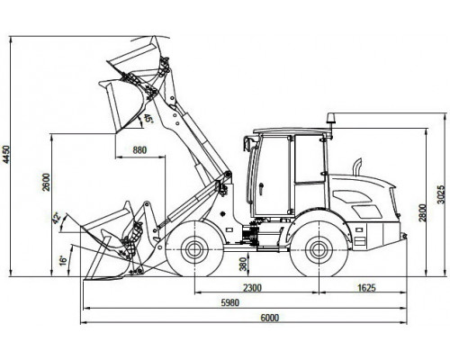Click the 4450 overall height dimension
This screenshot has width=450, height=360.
pos(6,154)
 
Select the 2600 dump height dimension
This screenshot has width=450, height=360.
pos(47,182)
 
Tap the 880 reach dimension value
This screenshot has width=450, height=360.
pos(139,150)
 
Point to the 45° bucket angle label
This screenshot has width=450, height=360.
pos(148,118)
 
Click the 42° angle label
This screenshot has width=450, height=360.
pos(57,218)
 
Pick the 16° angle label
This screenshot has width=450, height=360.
pos(63,260)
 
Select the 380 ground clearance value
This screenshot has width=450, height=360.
pos(244,264)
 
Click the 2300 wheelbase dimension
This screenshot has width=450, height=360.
pos(252,288)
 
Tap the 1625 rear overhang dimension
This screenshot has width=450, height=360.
pos(366,288)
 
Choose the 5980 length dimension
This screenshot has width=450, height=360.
pos(230,302)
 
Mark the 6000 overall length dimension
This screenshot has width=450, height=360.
pos(269,318)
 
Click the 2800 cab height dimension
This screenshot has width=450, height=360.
pos(422,212)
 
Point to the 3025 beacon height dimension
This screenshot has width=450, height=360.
pos(440,194)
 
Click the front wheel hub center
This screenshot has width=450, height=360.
pos(194,249)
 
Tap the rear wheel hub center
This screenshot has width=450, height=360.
pos(319,249)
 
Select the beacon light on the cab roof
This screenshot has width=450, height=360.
pos(331,119)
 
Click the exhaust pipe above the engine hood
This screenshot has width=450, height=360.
pos(357,167)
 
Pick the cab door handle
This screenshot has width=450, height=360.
pos(261,189)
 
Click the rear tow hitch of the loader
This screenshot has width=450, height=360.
pos(403,236)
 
